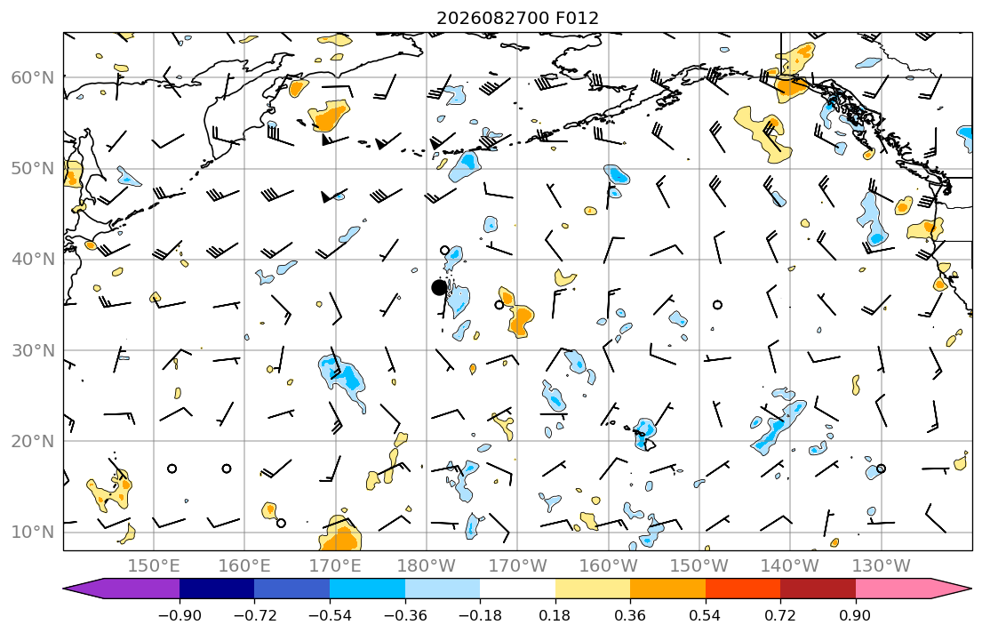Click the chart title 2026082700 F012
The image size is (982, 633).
click(517, 18)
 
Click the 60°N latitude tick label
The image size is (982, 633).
click(33, 77)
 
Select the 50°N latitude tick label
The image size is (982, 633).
click(33, 169)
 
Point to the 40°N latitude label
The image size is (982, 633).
click(33, 260)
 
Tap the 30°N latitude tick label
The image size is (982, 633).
click(33, 350)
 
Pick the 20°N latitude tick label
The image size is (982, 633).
click(33, 441)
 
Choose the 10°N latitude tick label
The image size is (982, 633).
click(33, 533)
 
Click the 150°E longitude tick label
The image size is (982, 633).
click(154, 566)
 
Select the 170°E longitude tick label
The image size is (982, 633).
click(336, 566)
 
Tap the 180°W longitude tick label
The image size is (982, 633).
click(427, 566)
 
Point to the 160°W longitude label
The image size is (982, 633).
click(608, 566)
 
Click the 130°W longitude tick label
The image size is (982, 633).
click(882, 566)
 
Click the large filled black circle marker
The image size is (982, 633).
click(439, 288)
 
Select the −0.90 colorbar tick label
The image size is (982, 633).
click(180, 615)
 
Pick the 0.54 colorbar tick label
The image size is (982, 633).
click(706, 615)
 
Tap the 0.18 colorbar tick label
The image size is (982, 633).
click(555, 615)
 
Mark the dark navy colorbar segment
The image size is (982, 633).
click(217, 589)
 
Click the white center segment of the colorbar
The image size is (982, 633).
click(517, 589)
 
